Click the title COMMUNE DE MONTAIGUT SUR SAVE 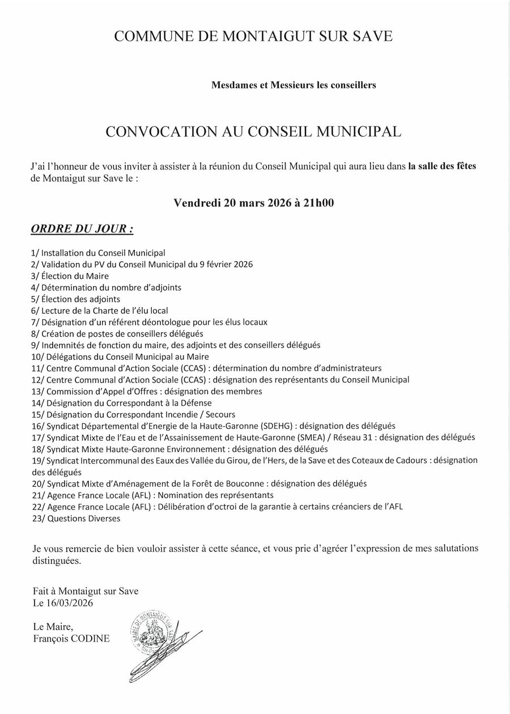pyautogui.click(x=253, y=37)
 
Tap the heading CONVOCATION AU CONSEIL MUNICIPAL pyautogui.click(x=253, y=132)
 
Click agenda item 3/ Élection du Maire pyautogui.click(x=70, y=276)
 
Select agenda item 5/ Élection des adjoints pyautogui.click(x=76, y=299)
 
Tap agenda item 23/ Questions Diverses pyautogui.click(x=76, y=518)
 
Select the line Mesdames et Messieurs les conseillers pyautogui.click(x=294, y=86)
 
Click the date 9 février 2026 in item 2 pyautogui.click(x=226, y=265)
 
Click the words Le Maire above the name pyautogui.click(x=53, y=626)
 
